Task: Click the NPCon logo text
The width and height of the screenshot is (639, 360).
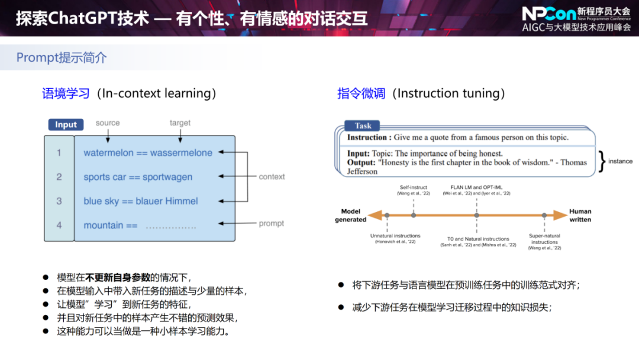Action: pyautogui.click(x=548, y=14)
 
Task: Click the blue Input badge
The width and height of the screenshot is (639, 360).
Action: pyautogui.click(x=66, y=124)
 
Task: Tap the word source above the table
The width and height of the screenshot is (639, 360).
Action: pyautogui.click(x=108, y=123)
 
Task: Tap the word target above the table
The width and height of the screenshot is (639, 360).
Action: pyautogui.click(x=180, y=123)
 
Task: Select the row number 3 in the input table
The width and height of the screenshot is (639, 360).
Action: pyautogui.click(x=59, y=201)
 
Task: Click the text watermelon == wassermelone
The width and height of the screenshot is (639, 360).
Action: pyautogui.click(x=148, y=153)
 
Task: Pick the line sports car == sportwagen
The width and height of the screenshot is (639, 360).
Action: pyautogui.click(x=138, y=177)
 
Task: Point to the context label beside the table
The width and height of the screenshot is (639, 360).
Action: pyautogui.click(x=272, y=176)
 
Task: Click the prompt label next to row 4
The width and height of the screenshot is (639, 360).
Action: pyautogui.click(x=271, y=223)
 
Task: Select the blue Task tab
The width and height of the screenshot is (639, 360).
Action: pyautogui.click(x=363, y=126)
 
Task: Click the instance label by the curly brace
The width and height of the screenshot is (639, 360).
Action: pyautogui.click(x=620, y=161)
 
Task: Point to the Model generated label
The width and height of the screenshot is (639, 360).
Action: pyautogui.click(x=351, y=216)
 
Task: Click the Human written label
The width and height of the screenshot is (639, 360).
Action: pyautogui.click(x=580, y=216)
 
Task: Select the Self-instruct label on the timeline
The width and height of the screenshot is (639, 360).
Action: pyautogui.click(x=413, y=187)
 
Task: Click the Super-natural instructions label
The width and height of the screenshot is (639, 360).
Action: pyautogui.click(x=544, y=239)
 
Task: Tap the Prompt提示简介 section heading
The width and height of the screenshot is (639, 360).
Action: pyautogui.click(x=62, y=57)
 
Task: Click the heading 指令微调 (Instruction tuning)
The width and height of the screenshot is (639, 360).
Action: pyautogui.click(x=421, y=93)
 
